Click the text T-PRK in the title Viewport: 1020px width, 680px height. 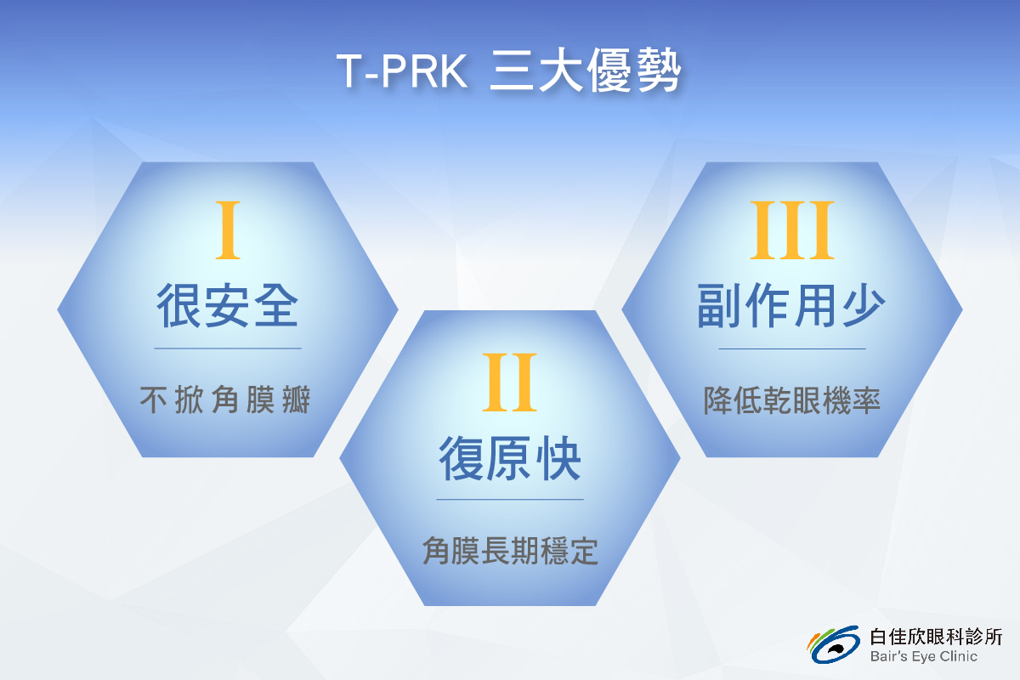tap(402, 71)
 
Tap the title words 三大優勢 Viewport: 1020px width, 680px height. tap(585, 71)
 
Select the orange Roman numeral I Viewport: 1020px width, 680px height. tap(228, 230)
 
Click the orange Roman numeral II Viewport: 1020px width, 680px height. tap(509, 382)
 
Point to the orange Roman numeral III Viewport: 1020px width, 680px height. tap(792, 230)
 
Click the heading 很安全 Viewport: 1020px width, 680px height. tap(227, 305)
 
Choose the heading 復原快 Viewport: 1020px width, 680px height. tap(509, 458)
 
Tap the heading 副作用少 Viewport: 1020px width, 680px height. tap(791, 305)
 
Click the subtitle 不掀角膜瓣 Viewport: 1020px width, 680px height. tap(225, 399)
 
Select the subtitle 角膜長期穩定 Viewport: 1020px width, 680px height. tap(510, 551)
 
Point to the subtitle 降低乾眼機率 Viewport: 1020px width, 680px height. tap(792, 399)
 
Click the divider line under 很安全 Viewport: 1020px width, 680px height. tap(228, 348)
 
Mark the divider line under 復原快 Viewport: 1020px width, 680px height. tap(510, 500)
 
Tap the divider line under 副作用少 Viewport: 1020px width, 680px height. tap(792, 348)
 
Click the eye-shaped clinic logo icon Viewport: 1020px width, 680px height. tap(834, 644)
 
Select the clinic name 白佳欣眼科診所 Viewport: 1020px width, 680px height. tap(936, 637)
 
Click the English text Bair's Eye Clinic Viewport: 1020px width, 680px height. tap(923, 656)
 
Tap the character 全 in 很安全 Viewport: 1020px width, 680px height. tap(276, 305)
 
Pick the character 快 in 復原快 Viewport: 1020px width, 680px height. tap(558, 458)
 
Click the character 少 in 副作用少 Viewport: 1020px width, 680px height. tap(864, 305)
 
